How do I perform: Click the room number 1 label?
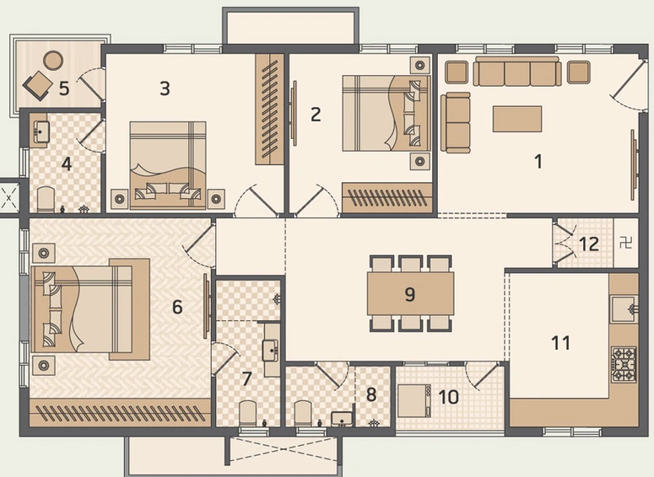(x=538, y=161)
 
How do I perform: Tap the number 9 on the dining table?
(x=410, y=294)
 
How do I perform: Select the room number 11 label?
(x=560, y=343)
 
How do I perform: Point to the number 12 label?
(x=589, y=244)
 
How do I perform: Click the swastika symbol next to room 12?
(x=625, y=244)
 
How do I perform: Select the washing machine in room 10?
(x=414, y=400)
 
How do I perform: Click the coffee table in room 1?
(x=516, y=118)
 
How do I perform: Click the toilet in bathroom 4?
(x=46, y=199)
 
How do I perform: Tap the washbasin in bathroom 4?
(x=41, y=132)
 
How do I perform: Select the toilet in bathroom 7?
(x=248, y=413)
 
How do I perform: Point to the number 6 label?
(x=177, y=307)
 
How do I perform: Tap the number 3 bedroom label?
(x=165, y=88)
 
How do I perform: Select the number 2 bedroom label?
(x=316, y=114)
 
